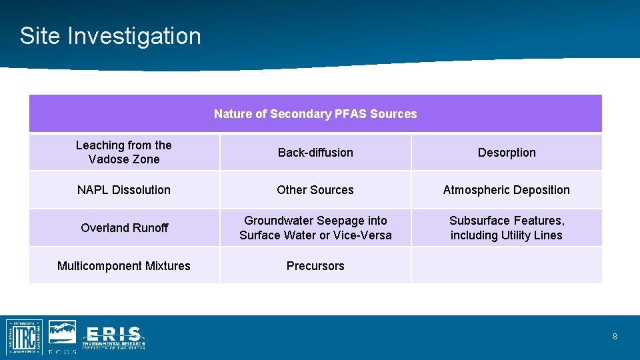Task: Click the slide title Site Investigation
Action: [x=110, y=36]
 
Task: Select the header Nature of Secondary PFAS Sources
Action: [x=315, y=114]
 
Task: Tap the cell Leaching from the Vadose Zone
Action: [x=124, y=152]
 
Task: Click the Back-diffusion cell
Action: [x=315, y=153]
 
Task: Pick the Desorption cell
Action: [x=507, y=153]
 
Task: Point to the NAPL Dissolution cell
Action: [x=124, y=190]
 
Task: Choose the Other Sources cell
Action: [x=315, y=190]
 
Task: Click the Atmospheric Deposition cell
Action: [x=507, y=190]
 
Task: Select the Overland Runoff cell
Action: [x=124, y=228]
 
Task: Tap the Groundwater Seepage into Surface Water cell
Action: [x=315, y=228]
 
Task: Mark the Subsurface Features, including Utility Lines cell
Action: [x=507, y=228]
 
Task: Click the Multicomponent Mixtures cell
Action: [x=124, y=266]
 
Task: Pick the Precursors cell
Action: [x=315, y=266]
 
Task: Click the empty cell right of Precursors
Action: [x=507, y=266]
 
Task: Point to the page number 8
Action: [x=615, y=337]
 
